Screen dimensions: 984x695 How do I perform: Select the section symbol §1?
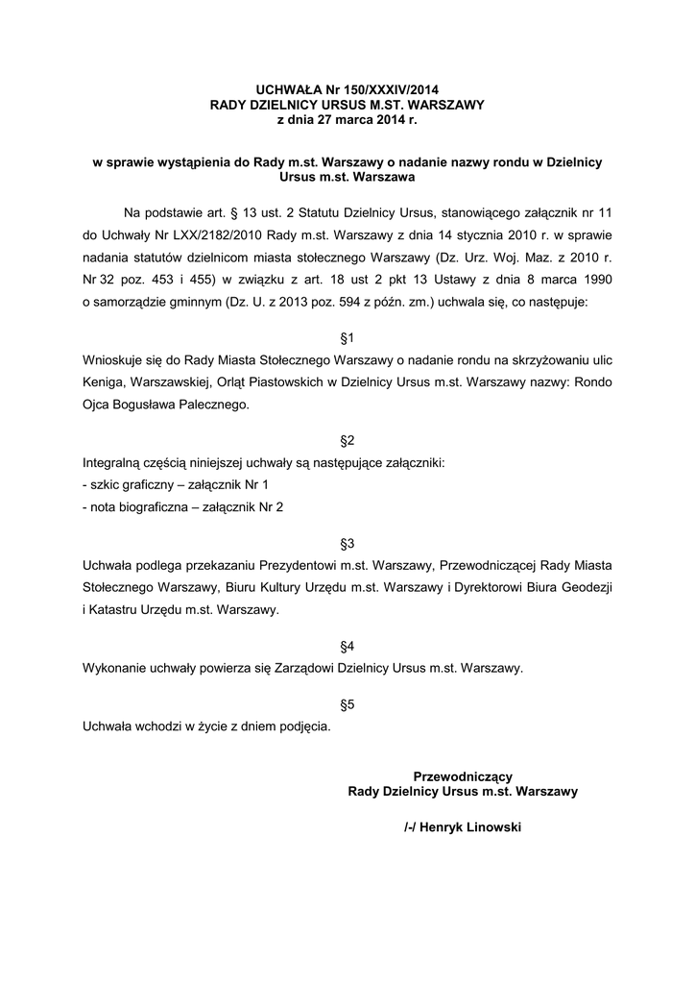347,338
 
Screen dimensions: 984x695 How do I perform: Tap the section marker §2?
347,441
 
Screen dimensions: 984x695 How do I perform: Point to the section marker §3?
347,544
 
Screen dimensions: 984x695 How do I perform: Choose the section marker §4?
347,647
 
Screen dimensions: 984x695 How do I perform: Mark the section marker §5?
347,704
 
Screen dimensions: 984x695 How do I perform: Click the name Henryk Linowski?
471,825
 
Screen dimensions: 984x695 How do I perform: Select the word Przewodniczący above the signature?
462,776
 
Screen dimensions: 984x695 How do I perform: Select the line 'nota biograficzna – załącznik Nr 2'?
183,507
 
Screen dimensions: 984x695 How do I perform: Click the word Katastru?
117,610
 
